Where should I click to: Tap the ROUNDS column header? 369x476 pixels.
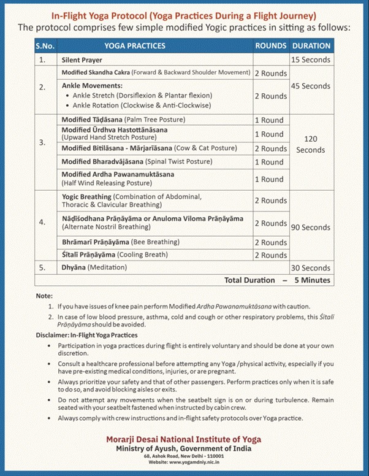point(270,46)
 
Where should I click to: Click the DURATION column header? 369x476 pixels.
point(311,46)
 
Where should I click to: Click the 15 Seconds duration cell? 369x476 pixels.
point(311,60)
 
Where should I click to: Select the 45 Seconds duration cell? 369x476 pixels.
point(311,86)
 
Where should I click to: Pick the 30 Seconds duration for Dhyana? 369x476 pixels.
point(311,268)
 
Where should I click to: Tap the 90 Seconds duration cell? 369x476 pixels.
point(311,228)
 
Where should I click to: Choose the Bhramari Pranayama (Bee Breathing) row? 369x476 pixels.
point(121,242)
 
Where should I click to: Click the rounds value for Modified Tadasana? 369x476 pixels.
point(269,120)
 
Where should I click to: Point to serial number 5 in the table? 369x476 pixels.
point(42,268)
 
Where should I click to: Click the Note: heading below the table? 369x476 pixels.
point(45,296)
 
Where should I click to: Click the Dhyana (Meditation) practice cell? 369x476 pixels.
point(94,268)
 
